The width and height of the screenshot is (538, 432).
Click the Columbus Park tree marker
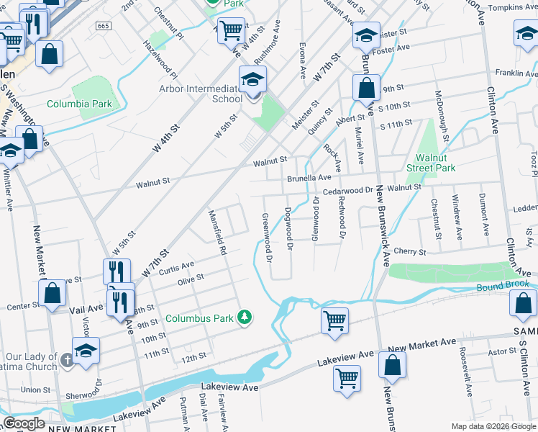pyautogui.click(x=245, y=317)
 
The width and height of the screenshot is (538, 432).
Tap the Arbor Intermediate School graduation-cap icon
pyautogui.click(x=252, y=79)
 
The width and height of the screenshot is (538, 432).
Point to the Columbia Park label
pyautogui.click(x=79, y=104)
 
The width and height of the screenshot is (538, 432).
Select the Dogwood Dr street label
pyautogui.click(x=288, y=229)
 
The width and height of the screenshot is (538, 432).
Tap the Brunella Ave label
pyautogui.click(x=309, y=176)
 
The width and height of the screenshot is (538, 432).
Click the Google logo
pyautogui.click(x=24, y=423)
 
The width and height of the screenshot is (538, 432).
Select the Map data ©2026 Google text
pyautogui.click(x=493, y=426)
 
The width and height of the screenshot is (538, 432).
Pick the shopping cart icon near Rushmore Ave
pyautogui.click(x=230, y=30)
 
